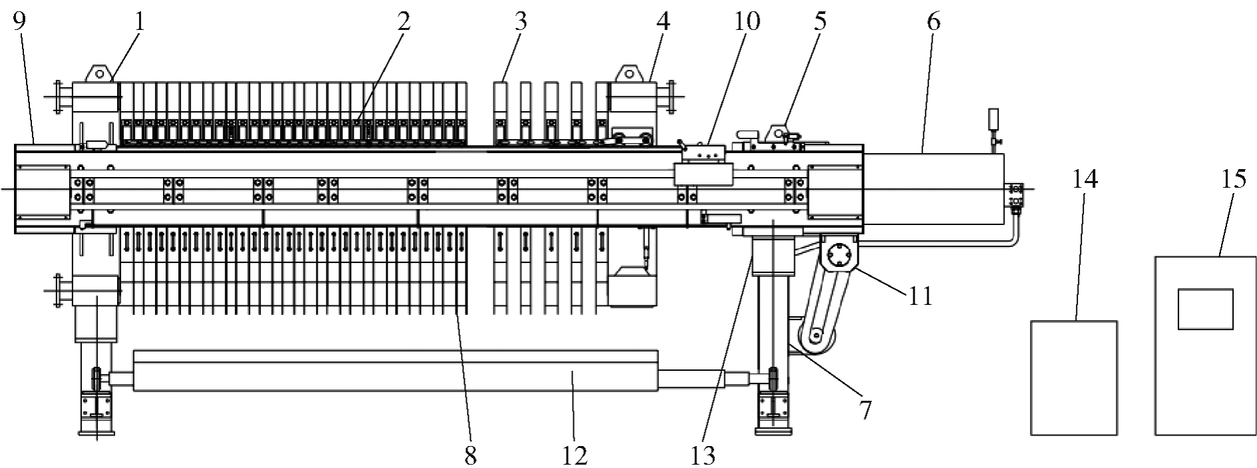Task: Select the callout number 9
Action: [19, 23]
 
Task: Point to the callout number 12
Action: [575, 455]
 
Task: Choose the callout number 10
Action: [746, 21]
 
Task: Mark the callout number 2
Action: [404, 21]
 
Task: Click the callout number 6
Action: [933, 21]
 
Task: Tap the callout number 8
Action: [470, 455]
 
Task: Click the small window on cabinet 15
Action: [1205, 309]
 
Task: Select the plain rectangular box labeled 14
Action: [1073, 377]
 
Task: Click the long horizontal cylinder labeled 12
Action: [396, 371]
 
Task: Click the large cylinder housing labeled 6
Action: [933, 188]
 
